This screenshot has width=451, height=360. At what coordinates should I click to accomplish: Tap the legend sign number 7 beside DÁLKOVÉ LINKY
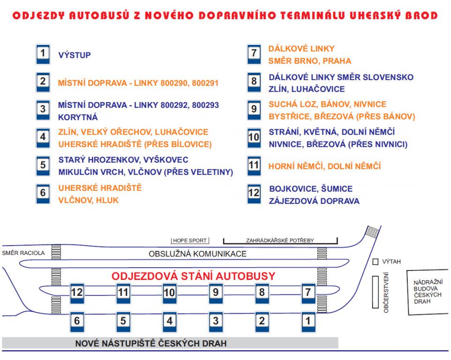pos(254,54)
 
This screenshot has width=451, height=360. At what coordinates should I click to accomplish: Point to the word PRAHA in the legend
pos(337,61)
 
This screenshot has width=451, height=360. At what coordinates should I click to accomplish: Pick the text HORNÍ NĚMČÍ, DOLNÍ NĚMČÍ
pos(324,166)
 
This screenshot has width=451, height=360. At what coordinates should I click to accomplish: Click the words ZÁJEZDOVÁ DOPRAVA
pos(314,201)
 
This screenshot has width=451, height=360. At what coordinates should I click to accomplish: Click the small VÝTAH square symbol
pos(375,262)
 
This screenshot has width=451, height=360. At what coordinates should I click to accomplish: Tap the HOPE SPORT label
pos(189,240)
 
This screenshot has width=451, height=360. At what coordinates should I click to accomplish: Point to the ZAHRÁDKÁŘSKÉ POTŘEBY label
pos(280,240)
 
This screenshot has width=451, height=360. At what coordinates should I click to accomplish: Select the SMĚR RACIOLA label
pos(23,253)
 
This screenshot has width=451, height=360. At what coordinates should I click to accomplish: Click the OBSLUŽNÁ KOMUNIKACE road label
pos(197,254)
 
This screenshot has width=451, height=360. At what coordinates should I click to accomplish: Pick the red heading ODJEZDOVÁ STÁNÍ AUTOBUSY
pos(193,276)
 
